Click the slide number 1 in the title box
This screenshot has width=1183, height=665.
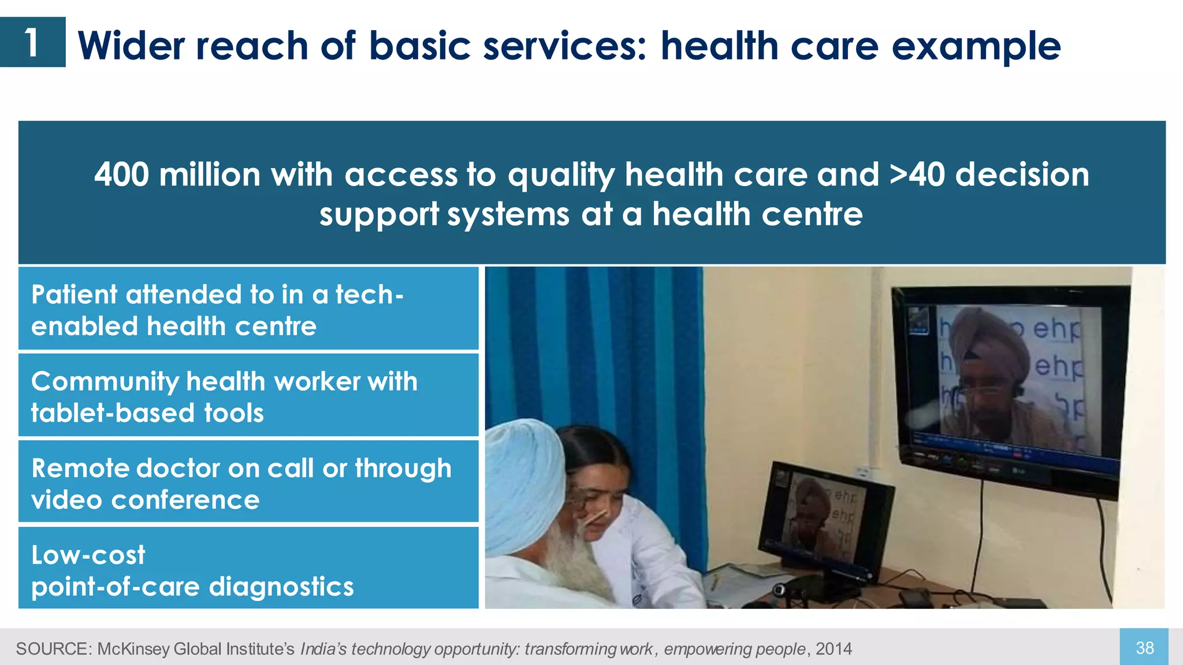[x=32, y=43]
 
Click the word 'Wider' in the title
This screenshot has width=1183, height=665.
[x=132, y=46]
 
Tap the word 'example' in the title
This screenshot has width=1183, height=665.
[x=976, y=46]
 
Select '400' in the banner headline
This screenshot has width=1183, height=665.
[x=121, y=174]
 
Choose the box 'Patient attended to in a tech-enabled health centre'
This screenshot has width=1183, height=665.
[x=248, y=309]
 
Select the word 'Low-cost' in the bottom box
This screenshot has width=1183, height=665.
[x=88, y=555]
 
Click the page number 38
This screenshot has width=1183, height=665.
[x=1144, y=648]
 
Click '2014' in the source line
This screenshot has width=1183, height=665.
[x=834, y=649]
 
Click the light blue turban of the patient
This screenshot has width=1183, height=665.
[x=523, y=480]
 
